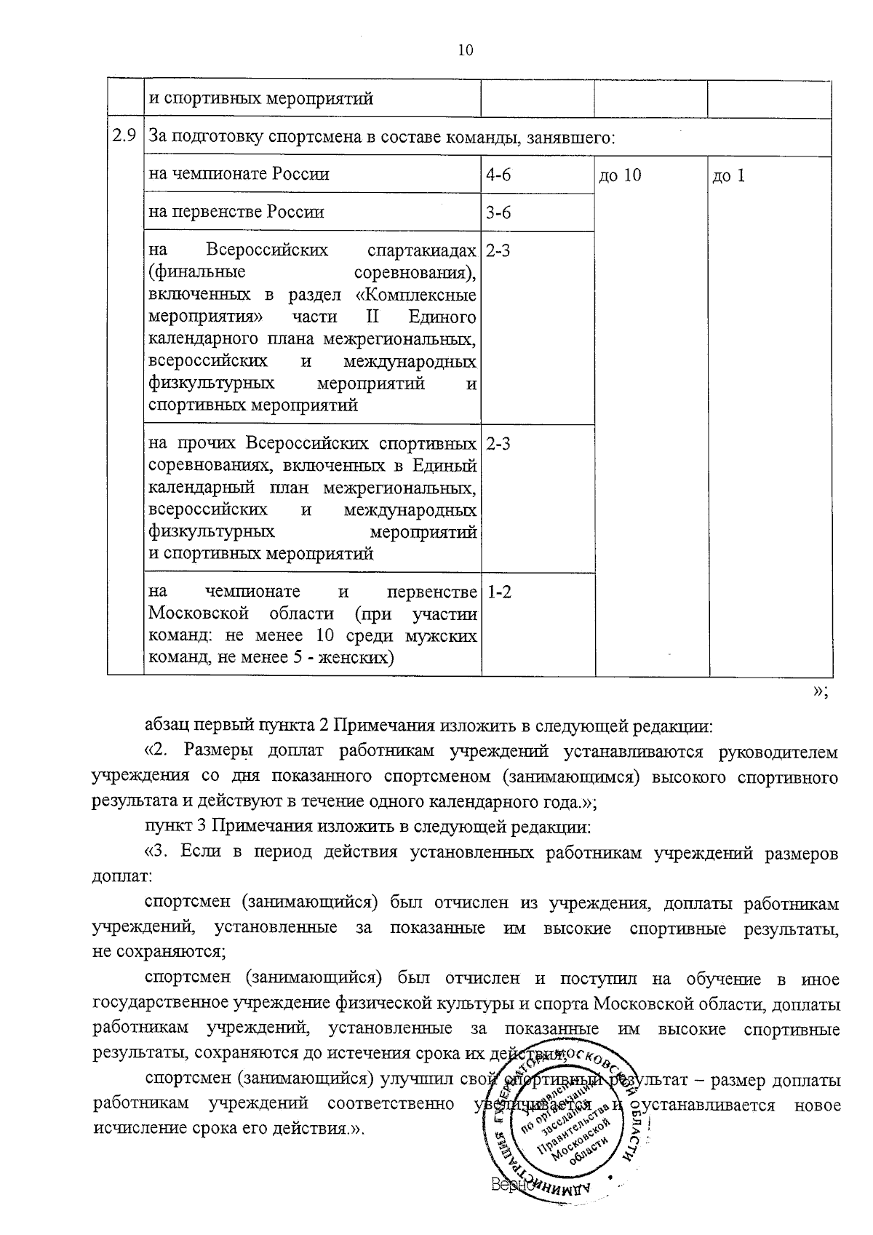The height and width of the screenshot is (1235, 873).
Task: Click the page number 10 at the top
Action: [466, 50]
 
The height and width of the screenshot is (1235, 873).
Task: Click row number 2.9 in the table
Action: [124, 135]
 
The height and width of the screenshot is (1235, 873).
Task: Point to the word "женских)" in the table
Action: [362, 658]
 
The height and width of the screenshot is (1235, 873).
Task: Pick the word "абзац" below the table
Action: [167, 726]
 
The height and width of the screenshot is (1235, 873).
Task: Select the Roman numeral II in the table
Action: [370, 317]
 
